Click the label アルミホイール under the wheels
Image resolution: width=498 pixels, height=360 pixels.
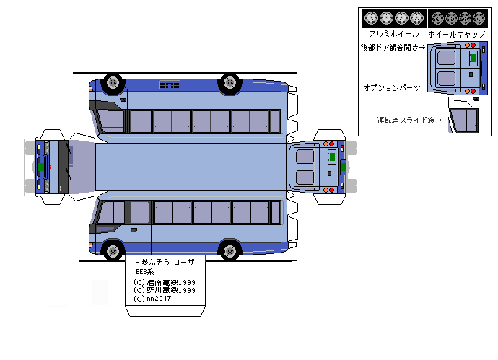[393, 34]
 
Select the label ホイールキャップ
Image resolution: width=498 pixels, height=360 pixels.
[456, 34]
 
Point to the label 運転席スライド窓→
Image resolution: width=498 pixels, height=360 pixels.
[409, 120]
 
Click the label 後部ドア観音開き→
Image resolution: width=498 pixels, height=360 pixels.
[392, 48]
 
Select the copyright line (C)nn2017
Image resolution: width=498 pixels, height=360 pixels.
[154, 298]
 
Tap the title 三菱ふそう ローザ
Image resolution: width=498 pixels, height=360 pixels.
[164, 263]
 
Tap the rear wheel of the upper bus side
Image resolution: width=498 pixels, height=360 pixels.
[230, 82]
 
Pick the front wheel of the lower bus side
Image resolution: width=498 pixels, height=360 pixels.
[112, 251]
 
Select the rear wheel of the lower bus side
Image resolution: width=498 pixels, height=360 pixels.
[230, 251]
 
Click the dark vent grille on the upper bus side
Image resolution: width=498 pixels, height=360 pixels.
[170, 85]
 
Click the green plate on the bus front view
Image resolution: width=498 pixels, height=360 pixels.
[42, 167]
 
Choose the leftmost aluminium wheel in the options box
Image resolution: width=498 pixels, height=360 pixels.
[372, 18]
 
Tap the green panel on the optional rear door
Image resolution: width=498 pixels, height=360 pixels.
[473, 56]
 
